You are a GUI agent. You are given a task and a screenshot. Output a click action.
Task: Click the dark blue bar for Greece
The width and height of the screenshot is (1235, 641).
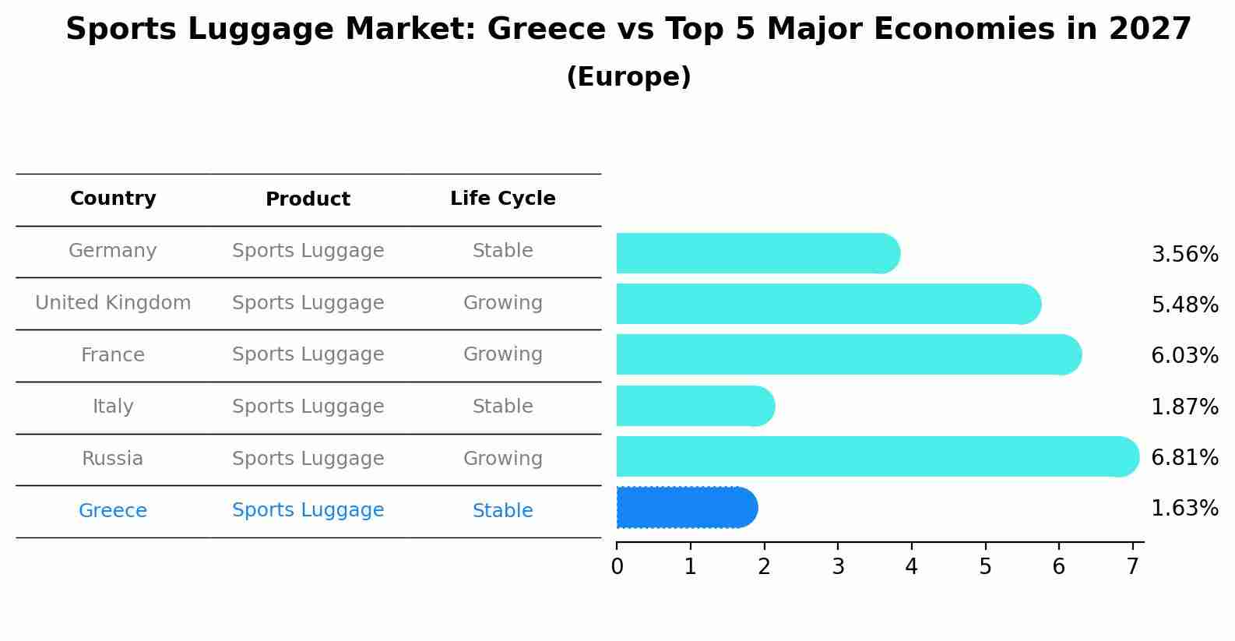685,508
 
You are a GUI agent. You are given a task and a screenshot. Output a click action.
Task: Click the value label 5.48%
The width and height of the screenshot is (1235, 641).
1184,305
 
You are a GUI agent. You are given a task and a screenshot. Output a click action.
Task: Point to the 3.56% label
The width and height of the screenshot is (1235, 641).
1184,254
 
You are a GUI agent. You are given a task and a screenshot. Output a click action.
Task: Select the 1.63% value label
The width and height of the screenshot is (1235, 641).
1184,508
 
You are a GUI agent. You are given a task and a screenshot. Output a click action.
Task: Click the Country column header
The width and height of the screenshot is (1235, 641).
113,199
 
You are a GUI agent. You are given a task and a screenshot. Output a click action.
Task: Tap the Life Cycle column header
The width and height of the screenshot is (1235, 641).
502,199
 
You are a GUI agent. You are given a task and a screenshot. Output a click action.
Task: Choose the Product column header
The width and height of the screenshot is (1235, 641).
308,199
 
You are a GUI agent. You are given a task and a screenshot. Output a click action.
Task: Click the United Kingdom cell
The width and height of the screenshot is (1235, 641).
113,303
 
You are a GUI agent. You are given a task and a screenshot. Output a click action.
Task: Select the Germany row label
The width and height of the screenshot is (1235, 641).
113,251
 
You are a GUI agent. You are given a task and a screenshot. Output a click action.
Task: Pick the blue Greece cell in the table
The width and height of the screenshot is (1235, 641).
113,511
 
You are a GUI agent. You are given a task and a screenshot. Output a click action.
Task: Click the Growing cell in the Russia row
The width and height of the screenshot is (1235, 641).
502,459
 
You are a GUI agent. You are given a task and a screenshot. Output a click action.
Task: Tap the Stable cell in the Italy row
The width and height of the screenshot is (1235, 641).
502,407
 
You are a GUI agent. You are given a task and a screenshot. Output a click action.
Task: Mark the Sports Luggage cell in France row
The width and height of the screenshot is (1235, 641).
308,354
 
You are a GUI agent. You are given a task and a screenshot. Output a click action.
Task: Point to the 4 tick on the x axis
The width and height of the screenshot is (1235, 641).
911,567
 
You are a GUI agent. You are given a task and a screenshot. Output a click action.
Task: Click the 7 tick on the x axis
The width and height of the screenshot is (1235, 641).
1132,567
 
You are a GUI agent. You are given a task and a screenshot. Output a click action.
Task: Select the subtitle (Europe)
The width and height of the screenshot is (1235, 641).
628,77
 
